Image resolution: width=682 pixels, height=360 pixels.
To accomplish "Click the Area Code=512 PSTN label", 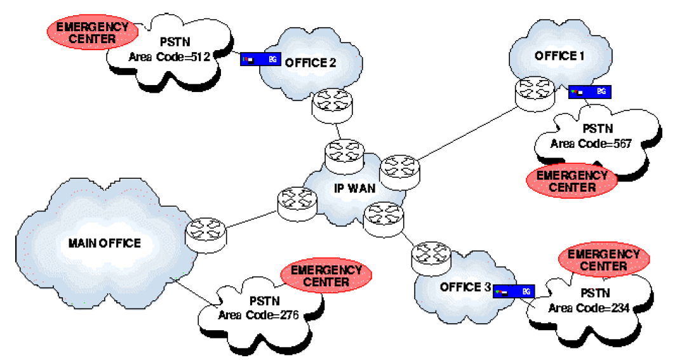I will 169,57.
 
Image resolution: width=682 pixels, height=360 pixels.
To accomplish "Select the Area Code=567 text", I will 591,143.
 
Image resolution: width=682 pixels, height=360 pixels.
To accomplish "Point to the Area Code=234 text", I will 589,308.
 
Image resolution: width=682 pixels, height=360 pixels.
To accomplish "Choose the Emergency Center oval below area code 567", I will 572,181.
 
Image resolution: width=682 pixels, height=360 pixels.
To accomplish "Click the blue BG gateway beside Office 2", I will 260,59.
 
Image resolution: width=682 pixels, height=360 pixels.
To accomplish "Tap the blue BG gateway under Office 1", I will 589,92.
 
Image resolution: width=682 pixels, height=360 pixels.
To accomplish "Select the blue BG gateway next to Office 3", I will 514,291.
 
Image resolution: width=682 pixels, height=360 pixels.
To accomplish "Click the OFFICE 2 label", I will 311,62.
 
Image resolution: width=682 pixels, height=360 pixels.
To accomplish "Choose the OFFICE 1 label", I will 559,56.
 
